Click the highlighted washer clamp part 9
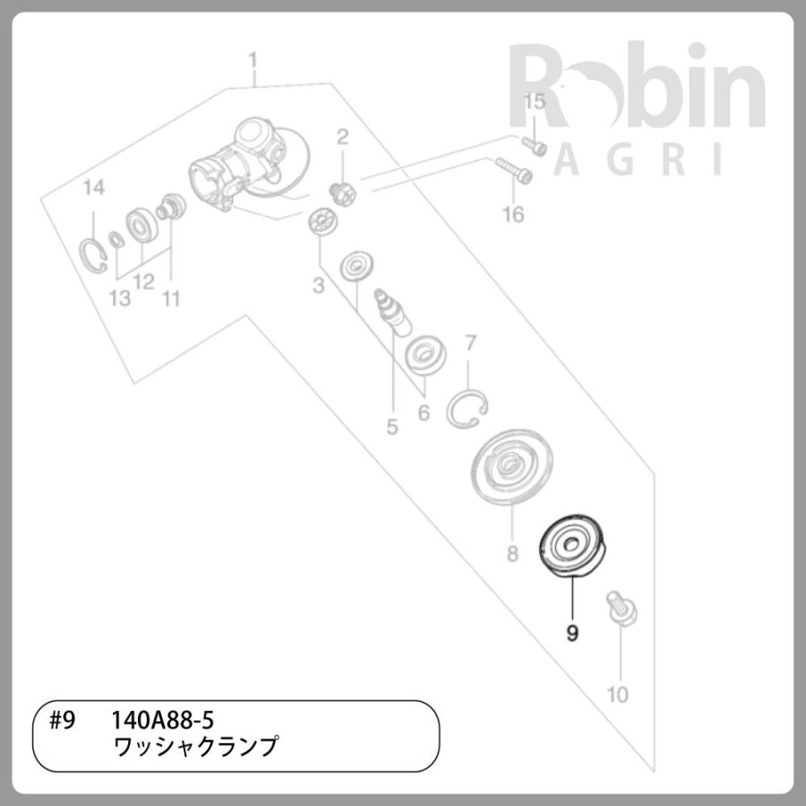[571, 546]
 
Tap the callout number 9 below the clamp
[572, 633]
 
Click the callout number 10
[618, 694]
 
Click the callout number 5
[391, 427]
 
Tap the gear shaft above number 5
[391, 306]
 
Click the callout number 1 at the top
[253, 60]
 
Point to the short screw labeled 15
[534, 145]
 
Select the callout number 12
[144, 282]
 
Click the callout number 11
[170, 298]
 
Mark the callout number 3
[318, 287]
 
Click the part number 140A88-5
[161, 720]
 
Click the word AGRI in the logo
[636, 160]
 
